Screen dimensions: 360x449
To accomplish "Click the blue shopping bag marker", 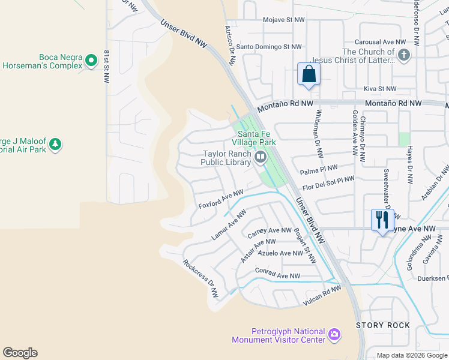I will coord(309,74).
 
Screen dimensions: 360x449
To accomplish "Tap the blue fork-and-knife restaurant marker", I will coord(382,220).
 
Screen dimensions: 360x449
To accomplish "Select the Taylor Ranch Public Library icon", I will coord(261,157).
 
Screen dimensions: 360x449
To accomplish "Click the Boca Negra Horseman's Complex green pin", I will coord(91,60).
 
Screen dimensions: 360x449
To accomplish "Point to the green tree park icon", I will coord(55,144).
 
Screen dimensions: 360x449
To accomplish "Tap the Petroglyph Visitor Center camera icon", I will coord(334,334).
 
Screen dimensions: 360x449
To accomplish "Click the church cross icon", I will coord(404,56).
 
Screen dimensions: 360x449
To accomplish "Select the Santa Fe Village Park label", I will coord(256,138).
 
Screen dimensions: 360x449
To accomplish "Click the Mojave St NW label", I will coord(284,20).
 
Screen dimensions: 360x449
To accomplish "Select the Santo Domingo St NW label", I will coord(269,46).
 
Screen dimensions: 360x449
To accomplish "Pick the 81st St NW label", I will coord(107,67).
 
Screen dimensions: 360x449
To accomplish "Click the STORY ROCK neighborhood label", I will coord(383,325).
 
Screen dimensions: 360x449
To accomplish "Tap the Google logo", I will coord(20,353).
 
